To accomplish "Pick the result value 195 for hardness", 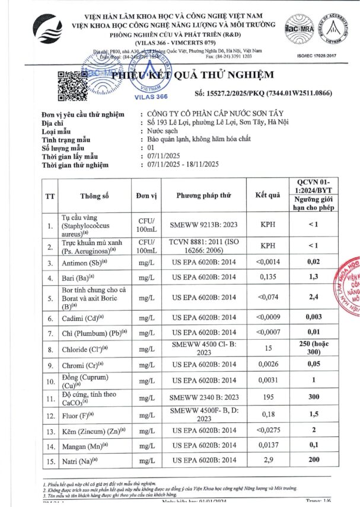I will (x=267, y=396).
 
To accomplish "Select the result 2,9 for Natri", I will (x=267, y=460).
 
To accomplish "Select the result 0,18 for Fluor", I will (x=267, y=413).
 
